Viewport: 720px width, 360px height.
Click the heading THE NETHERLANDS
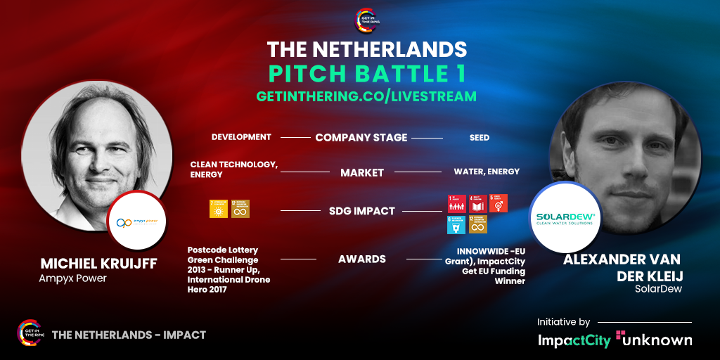(x=367, y=49)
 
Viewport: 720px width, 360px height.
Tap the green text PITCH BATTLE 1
(x=367, y=73)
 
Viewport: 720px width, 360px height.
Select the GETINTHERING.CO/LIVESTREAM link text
(x=367, y=96)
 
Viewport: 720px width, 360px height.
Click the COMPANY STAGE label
(x=361, y=137)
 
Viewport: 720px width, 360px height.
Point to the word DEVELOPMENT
(x=241, y=137)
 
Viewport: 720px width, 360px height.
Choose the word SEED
(x=480, y=137)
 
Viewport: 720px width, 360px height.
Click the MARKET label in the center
(x=362, y=172)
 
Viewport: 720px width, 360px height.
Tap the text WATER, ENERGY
(x=487, y=172)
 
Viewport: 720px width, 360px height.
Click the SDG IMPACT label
(x=362, y=211)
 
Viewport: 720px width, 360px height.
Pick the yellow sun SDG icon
(x=218, y=209)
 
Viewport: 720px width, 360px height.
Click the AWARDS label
(x=362, y=259)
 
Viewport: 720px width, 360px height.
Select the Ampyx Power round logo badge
(x=137, y=221)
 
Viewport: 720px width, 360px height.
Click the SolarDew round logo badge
(x=565, y=218)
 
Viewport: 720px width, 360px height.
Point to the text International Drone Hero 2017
(x=229, y=285)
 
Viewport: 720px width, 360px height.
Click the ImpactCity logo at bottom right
(x=574, y=340)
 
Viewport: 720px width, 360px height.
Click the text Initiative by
(x=563, y=322)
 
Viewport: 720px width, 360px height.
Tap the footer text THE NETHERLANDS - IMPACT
(x=129, y=335)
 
